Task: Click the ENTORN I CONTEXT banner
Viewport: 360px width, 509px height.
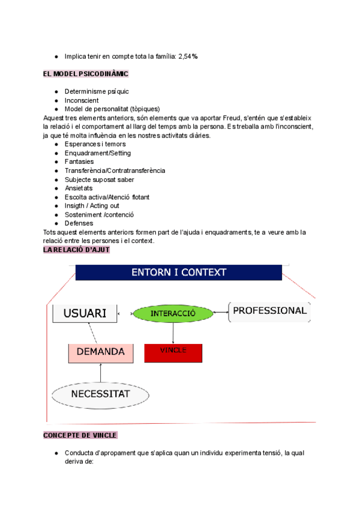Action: point(179,273)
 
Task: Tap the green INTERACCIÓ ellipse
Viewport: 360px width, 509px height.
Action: point(173,313)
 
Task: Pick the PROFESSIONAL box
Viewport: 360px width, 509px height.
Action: point(269,311)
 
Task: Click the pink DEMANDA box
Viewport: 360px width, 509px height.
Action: point(101,352)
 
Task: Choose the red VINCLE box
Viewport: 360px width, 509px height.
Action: point(173,353)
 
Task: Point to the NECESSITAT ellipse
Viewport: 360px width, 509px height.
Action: point(100,394)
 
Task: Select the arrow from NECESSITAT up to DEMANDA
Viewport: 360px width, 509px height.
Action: point(101,373)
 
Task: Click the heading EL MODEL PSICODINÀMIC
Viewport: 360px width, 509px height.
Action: point(86,74)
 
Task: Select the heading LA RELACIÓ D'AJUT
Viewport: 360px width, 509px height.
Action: point(77,249)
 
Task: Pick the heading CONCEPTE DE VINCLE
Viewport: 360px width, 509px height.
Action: point(80,435)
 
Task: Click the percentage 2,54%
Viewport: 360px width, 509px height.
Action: point(188,56)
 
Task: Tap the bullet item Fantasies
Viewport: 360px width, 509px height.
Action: point(79,161)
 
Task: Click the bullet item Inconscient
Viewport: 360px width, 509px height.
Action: point(82,100)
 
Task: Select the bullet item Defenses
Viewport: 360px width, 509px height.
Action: point(79,223)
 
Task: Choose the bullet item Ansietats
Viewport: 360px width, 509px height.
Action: point(79,188)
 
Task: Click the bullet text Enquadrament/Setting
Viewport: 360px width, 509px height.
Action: point(98,153)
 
